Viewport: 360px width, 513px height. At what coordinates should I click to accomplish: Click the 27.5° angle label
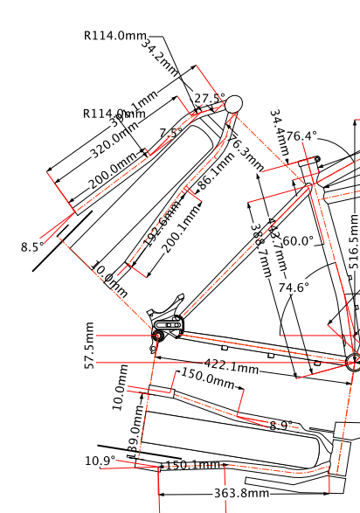[x=210, y=99]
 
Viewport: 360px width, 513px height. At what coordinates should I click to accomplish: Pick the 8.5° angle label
[x=32, y=247]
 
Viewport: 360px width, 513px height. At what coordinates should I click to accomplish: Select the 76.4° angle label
[x=301, y=136]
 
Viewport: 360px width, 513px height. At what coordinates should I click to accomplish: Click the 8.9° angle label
[x=281, y=426]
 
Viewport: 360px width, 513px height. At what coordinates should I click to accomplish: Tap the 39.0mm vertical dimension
[x=135, y=434]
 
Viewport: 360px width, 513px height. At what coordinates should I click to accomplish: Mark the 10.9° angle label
[x=100, y=461]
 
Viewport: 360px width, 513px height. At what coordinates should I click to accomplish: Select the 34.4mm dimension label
[x=278, y=131]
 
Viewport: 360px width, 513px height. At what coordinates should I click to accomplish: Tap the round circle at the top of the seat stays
[x=233, y=104]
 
